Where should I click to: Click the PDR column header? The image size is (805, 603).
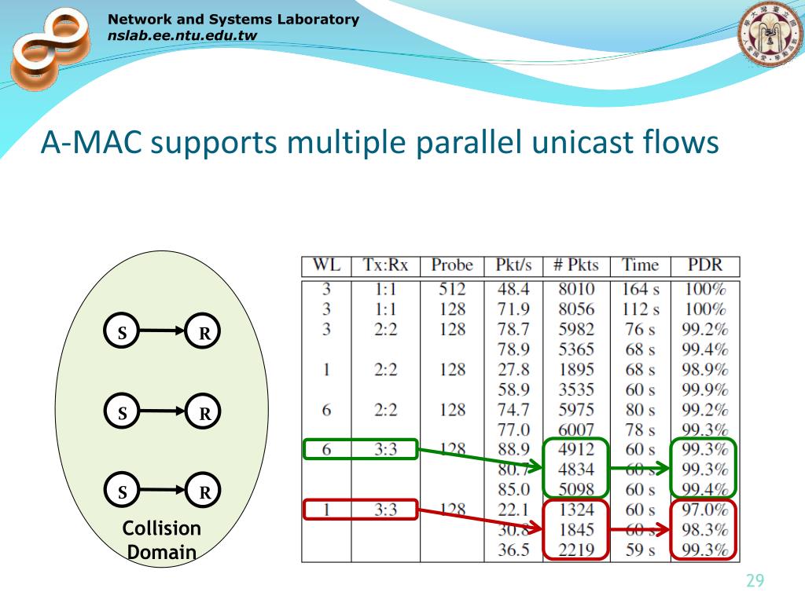coord(704,265)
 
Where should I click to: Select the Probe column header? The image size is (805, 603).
coord(452,265)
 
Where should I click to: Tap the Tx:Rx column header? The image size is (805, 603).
coord(385,265)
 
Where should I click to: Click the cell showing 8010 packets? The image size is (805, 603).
coord(575,289)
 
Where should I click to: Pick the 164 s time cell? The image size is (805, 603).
coord(640,289)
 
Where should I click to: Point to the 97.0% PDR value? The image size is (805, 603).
coord(704,510)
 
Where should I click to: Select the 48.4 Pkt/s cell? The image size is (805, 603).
coord(513,289)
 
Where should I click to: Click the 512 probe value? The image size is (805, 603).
coord(452,289)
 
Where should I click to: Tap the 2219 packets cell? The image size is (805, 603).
coord(575,550)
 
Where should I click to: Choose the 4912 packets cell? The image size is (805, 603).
coord(575,450)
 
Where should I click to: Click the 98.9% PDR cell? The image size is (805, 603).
coord(704,369)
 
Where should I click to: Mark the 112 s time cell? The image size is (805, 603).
coord(640,309)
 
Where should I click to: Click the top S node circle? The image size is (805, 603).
coord(123,332)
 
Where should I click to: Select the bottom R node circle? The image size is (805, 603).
coord(204,492)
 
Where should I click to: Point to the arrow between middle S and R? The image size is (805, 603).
coord(163,412)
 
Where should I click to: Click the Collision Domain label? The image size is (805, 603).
coord(162,539)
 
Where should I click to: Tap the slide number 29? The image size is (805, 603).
coord(755,581)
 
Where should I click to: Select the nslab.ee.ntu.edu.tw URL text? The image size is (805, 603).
coord(182,35)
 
